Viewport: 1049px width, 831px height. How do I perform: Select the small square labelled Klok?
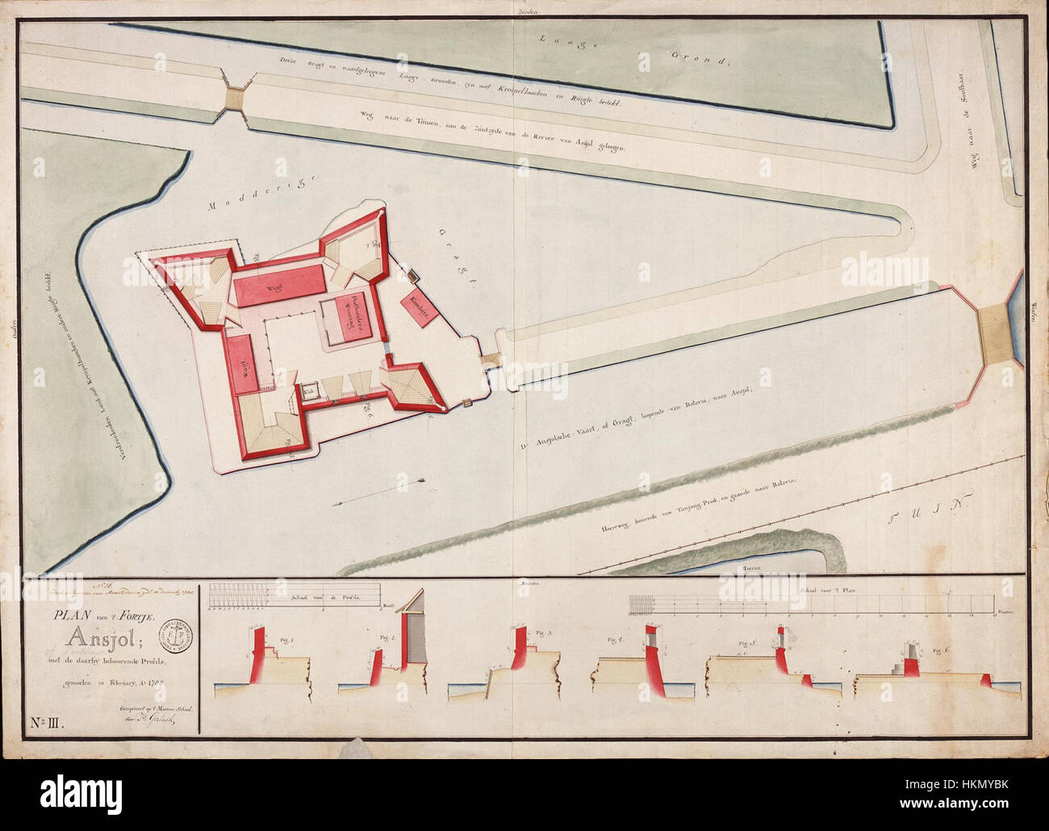tap(309, 390)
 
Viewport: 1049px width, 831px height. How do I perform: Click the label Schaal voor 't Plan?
tap(830, 591)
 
